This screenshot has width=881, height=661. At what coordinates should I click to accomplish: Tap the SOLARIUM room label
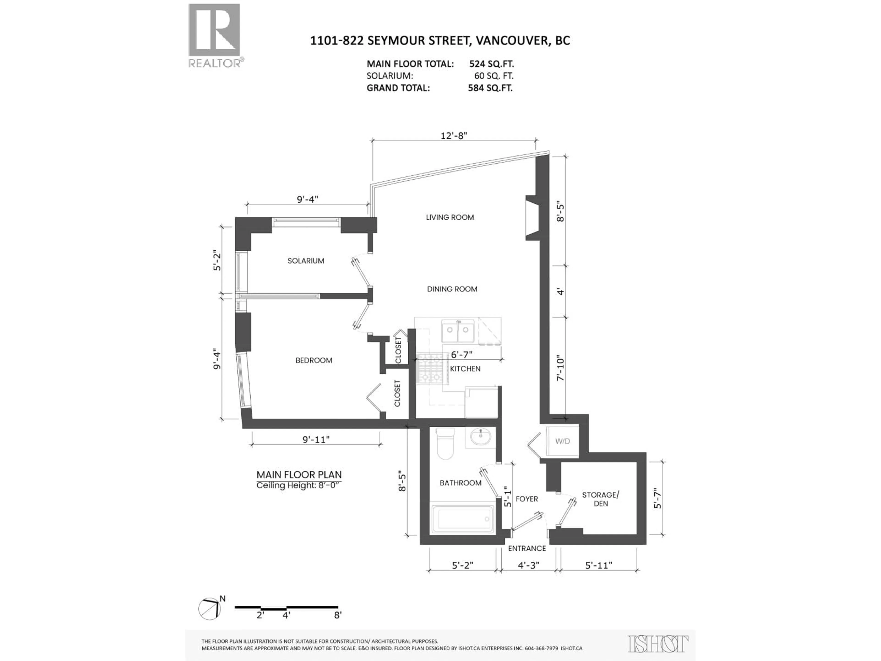coord(306,260)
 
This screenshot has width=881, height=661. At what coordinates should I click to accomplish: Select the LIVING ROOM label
coord(450,217)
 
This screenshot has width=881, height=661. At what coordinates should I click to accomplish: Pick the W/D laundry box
coord(562,441)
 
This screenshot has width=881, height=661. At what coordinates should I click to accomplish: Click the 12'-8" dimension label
coord(454,135)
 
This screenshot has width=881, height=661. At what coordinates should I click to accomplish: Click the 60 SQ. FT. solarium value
coord(493,76)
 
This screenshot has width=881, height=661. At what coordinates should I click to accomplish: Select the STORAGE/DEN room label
coord(601,499)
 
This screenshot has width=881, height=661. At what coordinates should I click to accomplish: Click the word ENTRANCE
coord(527,548)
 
